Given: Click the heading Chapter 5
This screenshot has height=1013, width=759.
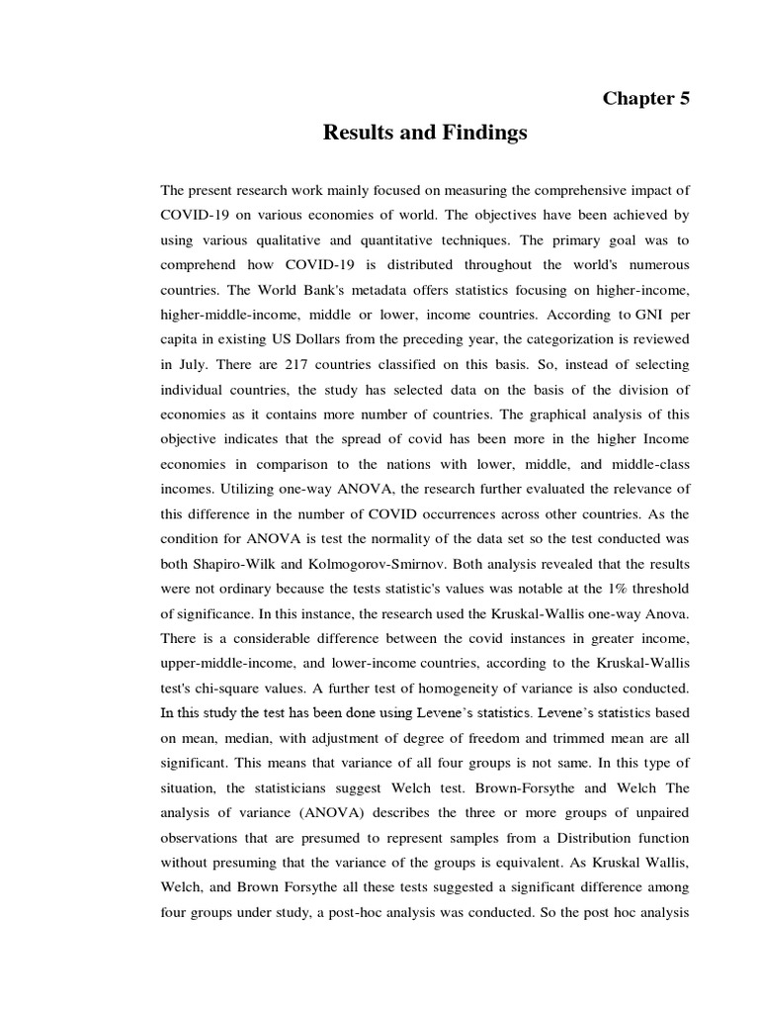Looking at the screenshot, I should click(x=646, y=98).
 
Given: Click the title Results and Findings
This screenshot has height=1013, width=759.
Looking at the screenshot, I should click(x=425, y=134).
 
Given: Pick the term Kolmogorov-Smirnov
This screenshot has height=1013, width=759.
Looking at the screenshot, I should click(x=377, y=563).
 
